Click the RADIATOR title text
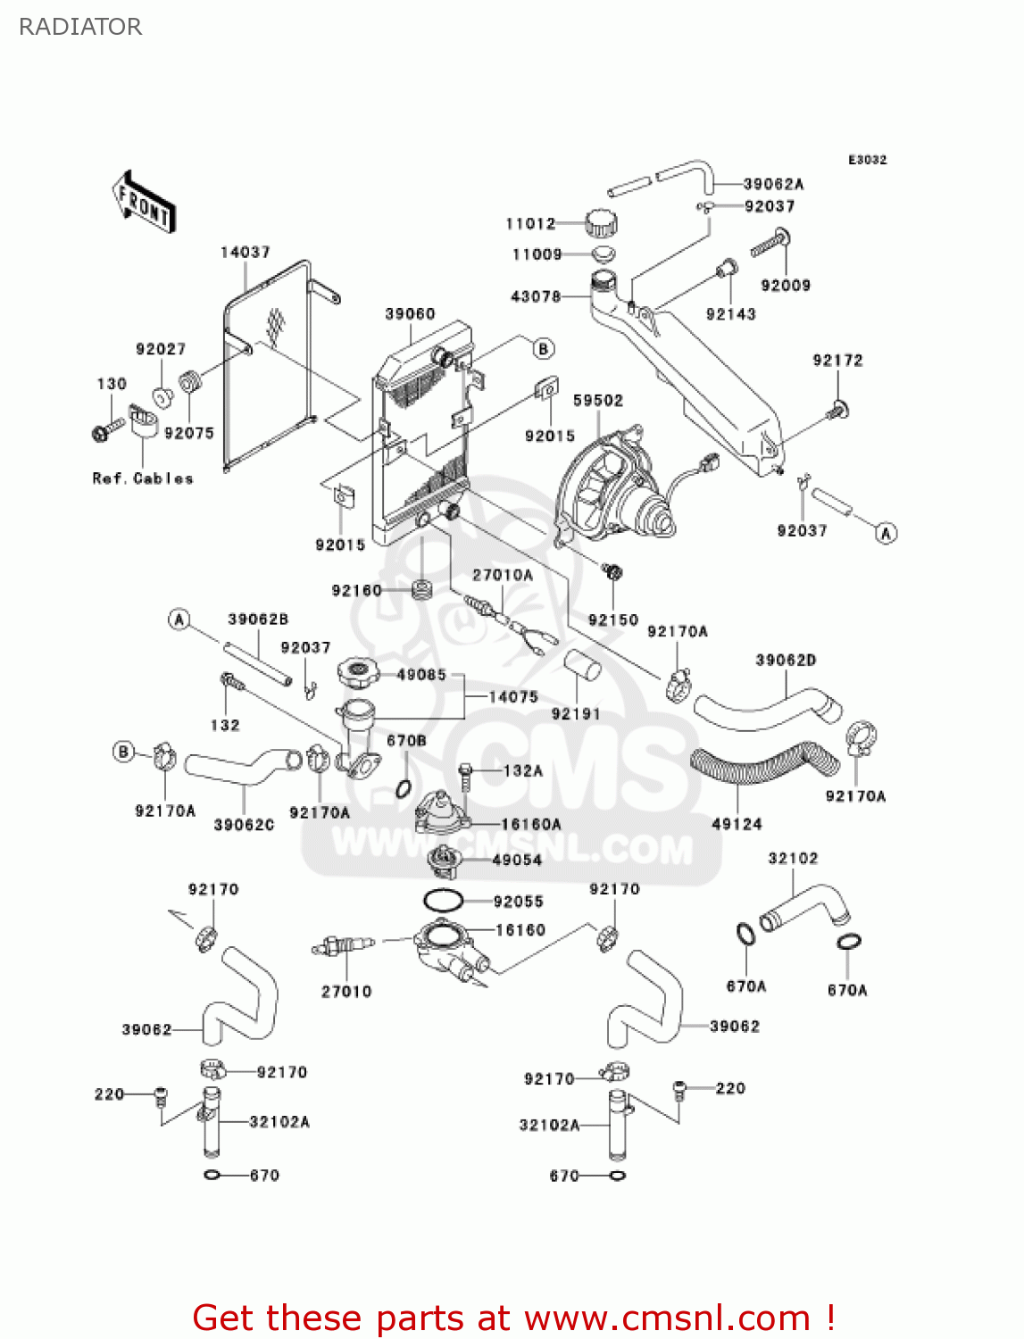coord(80,27)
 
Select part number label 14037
coord(246,253)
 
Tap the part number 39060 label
coord(410,314)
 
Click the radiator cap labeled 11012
coord(602,223)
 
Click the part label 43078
coord(536,296)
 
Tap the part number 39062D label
coord(786,661)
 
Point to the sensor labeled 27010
coord(343,945)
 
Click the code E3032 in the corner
coord(867,160)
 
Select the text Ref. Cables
coord(143,478)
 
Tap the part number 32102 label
coord(793,859)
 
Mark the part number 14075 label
coord(513,697)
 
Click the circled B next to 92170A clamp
coord(123,752)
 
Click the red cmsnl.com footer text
coord(513,1318)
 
